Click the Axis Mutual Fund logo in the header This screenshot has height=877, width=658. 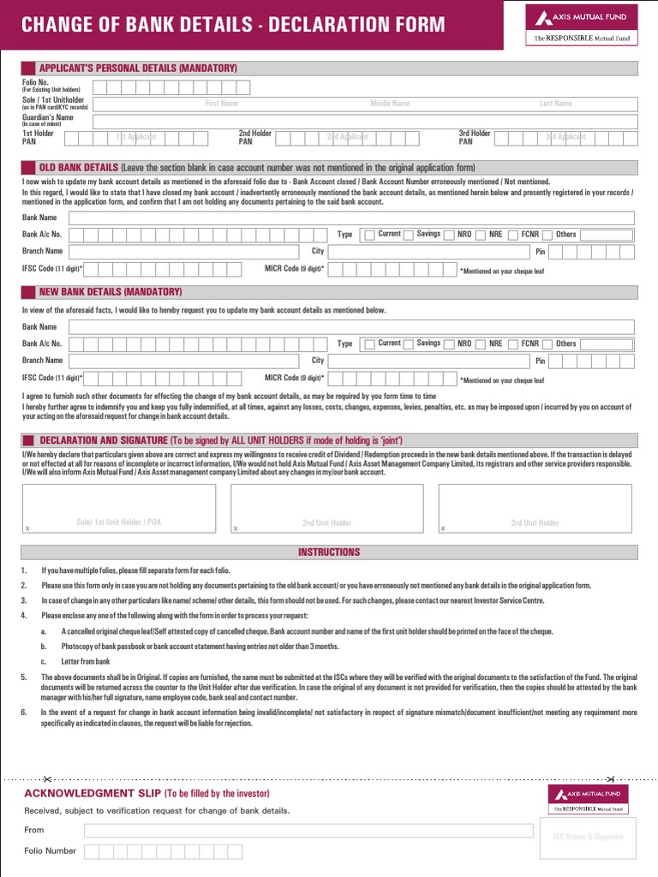(581, 23)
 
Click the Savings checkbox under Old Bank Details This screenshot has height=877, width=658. (409, 235)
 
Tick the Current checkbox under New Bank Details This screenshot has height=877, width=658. (369, 344)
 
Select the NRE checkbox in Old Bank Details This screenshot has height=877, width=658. (482, 235)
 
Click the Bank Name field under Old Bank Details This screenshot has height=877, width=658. (351, 218)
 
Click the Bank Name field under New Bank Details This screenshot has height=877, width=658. (351, 327)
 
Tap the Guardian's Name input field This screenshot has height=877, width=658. (364, 121)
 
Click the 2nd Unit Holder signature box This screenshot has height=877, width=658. (326, 509)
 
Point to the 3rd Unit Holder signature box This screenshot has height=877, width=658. (535, 509)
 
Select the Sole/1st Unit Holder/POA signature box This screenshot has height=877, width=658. (119, 509)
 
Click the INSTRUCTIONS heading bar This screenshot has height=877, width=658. (329, 552)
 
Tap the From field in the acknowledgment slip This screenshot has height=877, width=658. (308, 831)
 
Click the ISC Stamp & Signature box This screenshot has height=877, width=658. (588, 837)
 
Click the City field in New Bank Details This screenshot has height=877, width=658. (428, 361)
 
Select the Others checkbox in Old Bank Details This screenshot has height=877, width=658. (548, 235)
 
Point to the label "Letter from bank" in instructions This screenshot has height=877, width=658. (86, 662)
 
